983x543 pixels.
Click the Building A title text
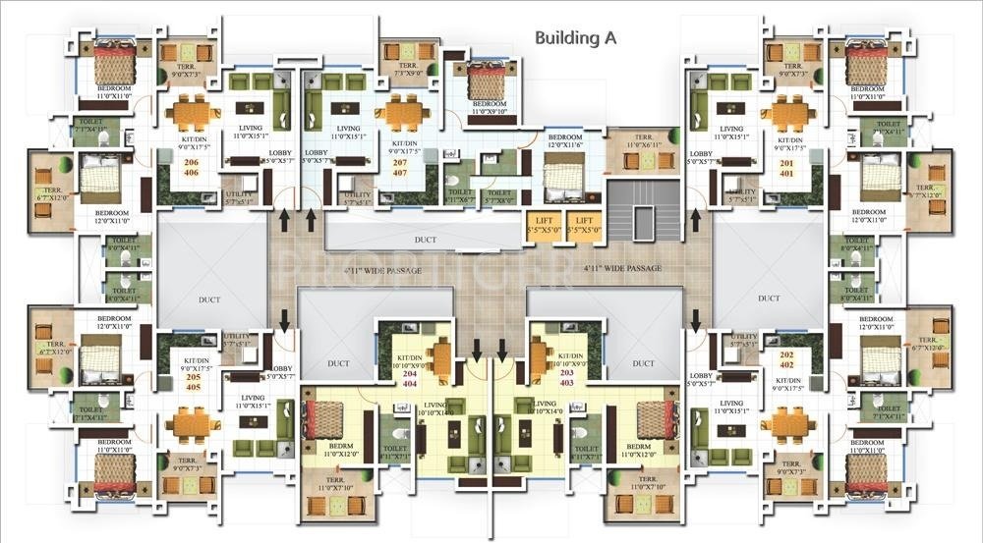581,38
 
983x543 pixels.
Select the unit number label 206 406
191,167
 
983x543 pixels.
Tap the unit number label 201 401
786,167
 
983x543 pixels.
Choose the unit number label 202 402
786,359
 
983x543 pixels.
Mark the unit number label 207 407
399,167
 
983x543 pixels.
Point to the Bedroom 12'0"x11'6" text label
565,140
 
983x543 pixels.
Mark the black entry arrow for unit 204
477,348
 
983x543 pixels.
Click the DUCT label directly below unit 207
424,239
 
